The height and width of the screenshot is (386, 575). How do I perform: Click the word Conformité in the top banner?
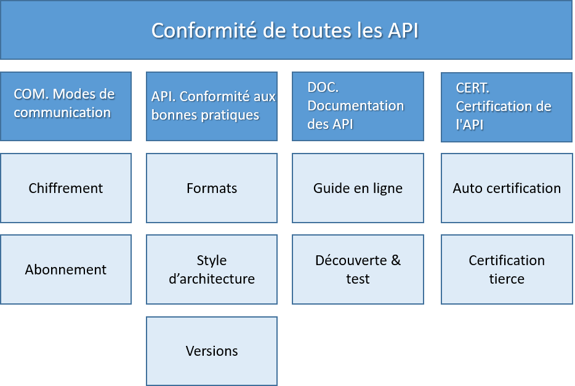(204, 30)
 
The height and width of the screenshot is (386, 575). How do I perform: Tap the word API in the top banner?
(403, 30)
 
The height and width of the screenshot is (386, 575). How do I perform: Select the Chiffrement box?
(66, 188)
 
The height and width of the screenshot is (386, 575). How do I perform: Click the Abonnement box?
(66, 269)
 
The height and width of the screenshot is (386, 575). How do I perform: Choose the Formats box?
(212, 188)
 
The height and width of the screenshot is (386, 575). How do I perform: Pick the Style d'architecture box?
(212, 269)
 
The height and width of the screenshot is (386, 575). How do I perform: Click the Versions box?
(212, 351)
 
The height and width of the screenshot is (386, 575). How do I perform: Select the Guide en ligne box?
(358, 188)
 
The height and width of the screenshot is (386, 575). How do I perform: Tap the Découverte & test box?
(358, 269)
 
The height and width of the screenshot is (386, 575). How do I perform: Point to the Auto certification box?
(507, 188)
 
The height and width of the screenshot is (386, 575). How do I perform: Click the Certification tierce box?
(507, 269)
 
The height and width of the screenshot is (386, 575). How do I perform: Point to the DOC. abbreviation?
(323, 88)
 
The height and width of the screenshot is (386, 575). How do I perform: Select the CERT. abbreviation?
(473, 88)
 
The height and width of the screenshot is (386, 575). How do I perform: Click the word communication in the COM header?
(62, 112)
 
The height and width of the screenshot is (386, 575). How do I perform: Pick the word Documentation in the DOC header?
(356, 106)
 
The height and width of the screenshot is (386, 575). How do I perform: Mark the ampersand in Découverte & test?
(396, 260)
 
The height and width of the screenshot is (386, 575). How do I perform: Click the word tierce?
(507, 279)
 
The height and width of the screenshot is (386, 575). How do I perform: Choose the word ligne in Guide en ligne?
(388, 189)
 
